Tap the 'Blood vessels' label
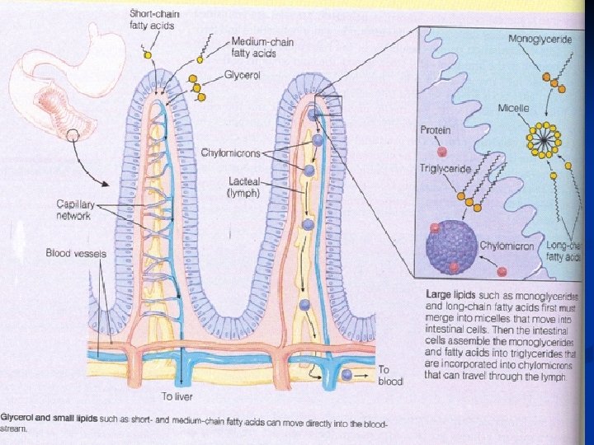coord(76,254)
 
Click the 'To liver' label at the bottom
coord(177,397)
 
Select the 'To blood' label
coord(390,376)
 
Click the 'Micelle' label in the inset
coord(513,109)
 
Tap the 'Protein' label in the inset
coord(435,130)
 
